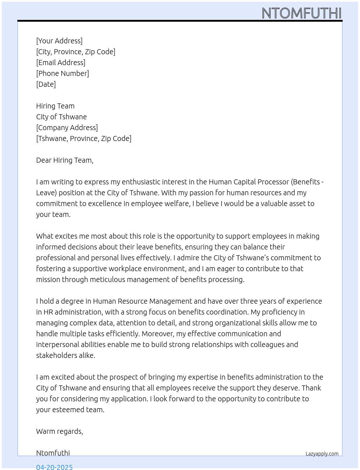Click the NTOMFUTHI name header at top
301,13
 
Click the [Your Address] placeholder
59,41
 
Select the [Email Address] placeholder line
61,63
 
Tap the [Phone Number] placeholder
63,73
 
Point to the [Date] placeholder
46,84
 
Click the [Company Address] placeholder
67,128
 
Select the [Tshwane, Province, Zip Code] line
83,138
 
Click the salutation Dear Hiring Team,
65,160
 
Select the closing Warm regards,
60,431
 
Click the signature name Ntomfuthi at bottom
53,453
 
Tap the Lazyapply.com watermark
322,454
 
